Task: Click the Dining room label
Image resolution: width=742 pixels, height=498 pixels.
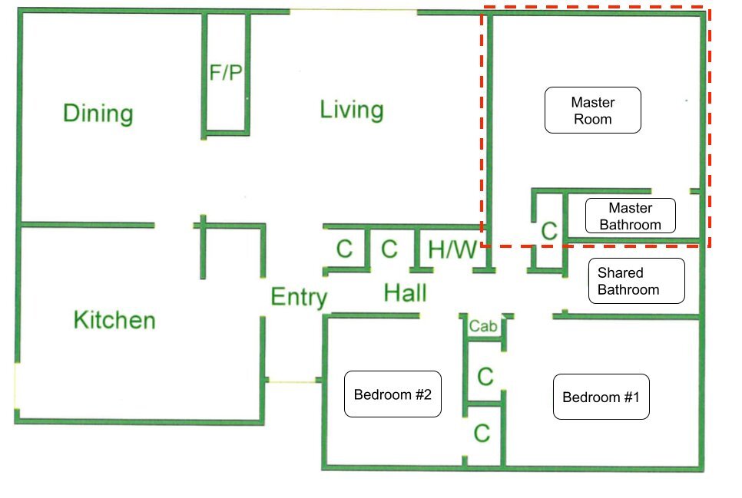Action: tap(98, 114)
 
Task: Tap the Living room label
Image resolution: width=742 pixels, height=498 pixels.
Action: tap(352, 110)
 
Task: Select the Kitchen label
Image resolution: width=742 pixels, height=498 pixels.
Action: tap(114, 320)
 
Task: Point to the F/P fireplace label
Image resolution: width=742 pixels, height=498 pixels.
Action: tap(226, 73)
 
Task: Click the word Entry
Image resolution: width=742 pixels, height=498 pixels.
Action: tap(299, 298)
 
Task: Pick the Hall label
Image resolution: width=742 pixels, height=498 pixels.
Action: tap(405, 293)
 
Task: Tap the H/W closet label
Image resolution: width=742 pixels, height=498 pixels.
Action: tap(452, 249)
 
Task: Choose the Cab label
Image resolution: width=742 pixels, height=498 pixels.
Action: tap(482, 326)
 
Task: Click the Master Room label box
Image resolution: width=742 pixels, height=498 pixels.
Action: tap(593, 110)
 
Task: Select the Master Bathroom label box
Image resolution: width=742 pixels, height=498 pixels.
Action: tap(631, 216)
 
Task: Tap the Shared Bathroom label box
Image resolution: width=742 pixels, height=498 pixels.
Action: tap(637, 281)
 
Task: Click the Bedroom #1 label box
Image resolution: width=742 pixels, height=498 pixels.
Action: tap(601, 397)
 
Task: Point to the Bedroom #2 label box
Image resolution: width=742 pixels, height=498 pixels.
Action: tap(393, 394)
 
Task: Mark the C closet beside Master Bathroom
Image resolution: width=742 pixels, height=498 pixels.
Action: tap(549, 231)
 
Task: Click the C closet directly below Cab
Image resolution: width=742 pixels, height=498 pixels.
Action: tap(485, 377)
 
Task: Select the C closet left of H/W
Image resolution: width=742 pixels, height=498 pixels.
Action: tap(389, 249)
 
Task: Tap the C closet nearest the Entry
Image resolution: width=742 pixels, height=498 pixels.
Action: tap(344, 249)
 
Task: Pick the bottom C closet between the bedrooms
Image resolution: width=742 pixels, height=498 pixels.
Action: tap(482, 434)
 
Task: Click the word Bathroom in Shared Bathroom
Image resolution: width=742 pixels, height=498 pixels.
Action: tap(628, 289)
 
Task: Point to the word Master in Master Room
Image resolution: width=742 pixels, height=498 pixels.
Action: tap(593, 102)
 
